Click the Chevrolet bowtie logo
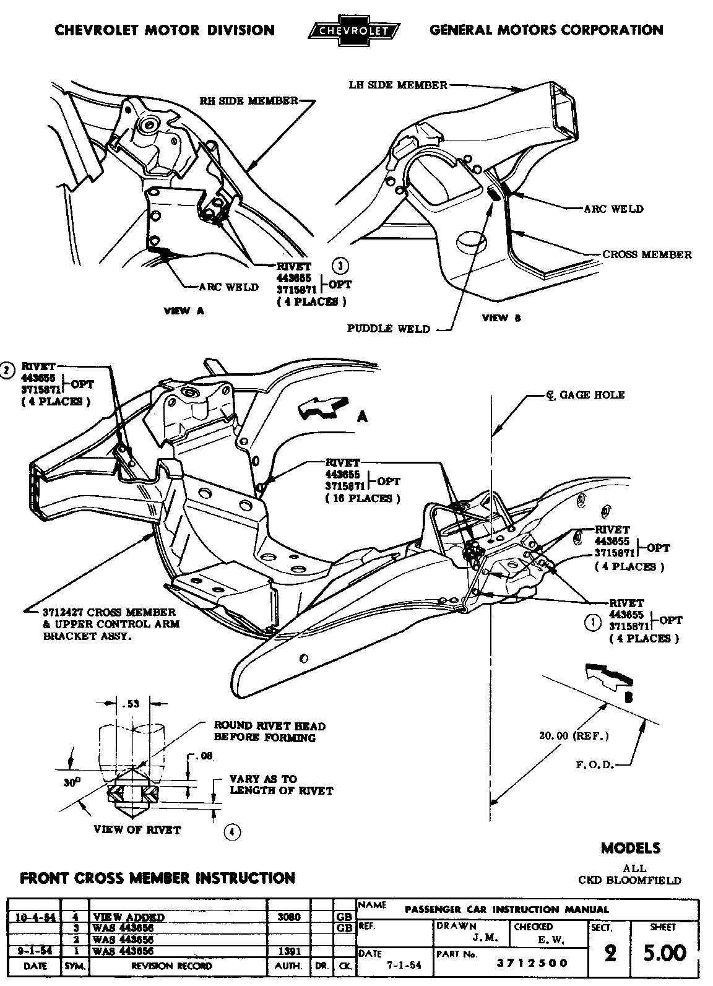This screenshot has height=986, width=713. point(354,30)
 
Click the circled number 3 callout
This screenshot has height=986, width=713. point(340,266)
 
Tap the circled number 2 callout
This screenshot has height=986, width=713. point(7,370)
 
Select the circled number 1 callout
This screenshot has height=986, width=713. point(592,622)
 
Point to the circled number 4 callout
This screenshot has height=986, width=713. point(231,832)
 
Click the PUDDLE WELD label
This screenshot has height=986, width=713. point(388,329)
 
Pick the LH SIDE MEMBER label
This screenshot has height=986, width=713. point(397,85)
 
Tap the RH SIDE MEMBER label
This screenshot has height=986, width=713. point(249,101)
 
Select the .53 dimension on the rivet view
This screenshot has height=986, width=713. point(131,703)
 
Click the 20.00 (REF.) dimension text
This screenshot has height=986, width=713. point(574,736)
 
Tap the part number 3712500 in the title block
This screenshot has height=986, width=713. point(532,963)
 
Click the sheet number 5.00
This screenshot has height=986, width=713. point(664,953)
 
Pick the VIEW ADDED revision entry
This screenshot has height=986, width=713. point(128,917)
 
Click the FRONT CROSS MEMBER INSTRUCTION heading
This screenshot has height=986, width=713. point(158,878)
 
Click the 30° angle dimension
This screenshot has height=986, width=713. point(72,782)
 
